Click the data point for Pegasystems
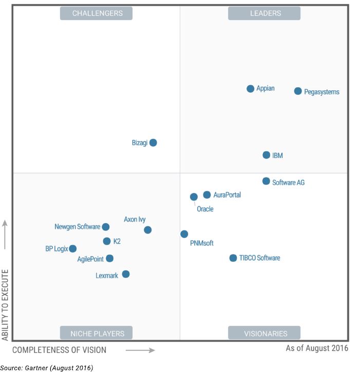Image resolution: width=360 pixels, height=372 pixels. click(298, 91)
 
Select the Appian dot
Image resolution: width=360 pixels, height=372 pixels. click(251, 89)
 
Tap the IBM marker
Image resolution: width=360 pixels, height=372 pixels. click(267, 155)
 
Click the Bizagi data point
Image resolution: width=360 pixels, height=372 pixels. click(153, 143)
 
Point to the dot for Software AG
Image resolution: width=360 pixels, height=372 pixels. click(266, 181)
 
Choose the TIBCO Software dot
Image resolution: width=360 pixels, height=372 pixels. click(233, 258)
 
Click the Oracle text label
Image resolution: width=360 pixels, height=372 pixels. click(205, 209)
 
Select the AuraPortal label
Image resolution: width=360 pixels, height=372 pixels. click(227, 195)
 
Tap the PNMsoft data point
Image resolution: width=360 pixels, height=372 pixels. click(184, 234)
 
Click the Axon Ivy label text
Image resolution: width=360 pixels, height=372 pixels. click(135, 220)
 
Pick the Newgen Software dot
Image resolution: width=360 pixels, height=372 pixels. click(106, 227)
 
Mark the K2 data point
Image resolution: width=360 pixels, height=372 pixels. click(107, 241)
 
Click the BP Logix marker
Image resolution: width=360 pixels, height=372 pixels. click(73, 249)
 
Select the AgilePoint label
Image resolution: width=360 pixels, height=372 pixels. click(91, 259)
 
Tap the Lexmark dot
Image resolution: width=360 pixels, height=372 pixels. click(126, 274)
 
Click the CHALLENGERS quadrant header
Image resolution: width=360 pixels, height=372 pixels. click(96, 13)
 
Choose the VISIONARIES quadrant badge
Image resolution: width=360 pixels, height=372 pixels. click(264, 333)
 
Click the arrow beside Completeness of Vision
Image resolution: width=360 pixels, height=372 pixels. click(140, 350)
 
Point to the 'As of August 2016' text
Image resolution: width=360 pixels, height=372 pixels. click(317, 348)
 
